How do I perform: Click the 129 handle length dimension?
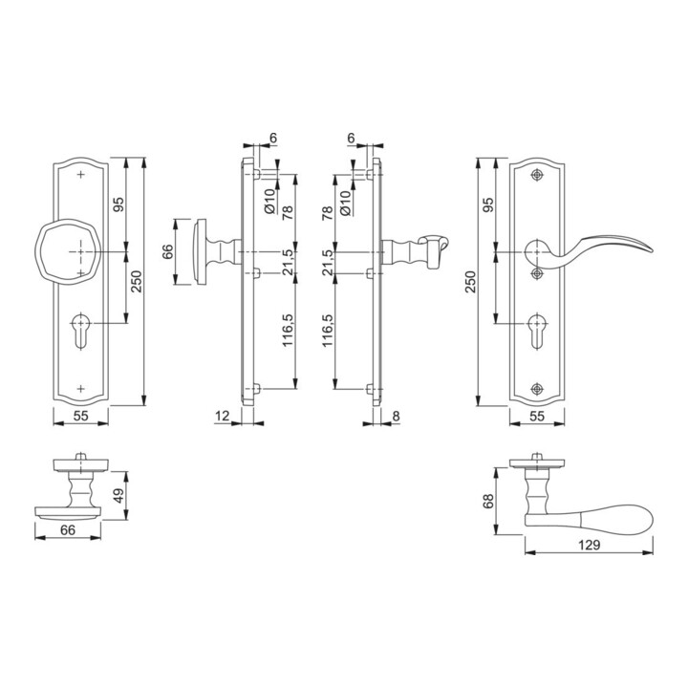point(589,545)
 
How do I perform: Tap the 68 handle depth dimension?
point(488,501)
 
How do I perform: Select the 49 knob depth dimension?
point(119,495)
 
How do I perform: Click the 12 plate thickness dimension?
point(223,416)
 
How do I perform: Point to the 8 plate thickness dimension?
point(396,416)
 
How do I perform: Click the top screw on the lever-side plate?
point(537,175)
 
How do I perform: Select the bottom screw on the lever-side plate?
point(537,389)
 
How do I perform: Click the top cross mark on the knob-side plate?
point(80,175)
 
